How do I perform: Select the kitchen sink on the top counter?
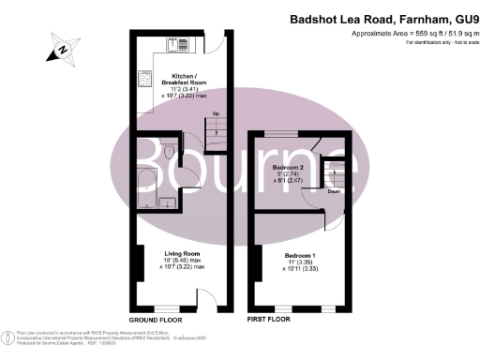click(x=177, y=43)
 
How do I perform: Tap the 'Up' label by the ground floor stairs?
click(x=217, y=115)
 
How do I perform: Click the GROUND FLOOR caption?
click(x=156, y=320)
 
